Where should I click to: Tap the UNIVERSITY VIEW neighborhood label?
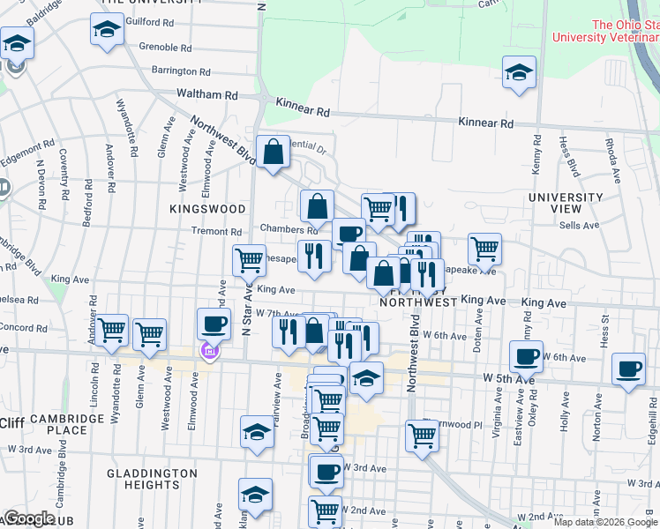pyautogui.click(x=566, y=202)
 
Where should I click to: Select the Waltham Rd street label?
pyautogui.click(x=207, y=94)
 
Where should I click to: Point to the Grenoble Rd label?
pyautogui.click(x=165, y=48)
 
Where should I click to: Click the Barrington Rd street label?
pyautogui.click(x=180, y=71)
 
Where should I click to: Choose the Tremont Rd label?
pyautogui.click(x=216, y=232)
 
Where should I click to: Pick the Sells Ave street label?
pyautogui.click(x=580, y=226)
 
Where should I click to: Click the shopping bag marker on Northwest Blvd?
pyautogui.click(x=274, y=152)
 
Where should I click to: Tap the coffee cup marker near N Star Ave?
pyautogui.click(x=214, y=324)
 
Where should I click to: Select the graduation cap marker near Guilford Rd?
pyautogui.click(x=107, y=29)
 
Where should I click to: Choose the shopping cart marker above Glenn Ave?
pyautogui.click(x=150, y=333)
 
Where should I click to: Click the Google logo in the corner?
pyautogui.click(x=28, y=518)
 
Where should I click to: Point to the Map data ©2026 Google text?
pyautogui.click(x=605, y=522)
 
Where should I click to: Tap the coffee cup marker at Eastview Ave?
pyautogui.click(x=527, y=358)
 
